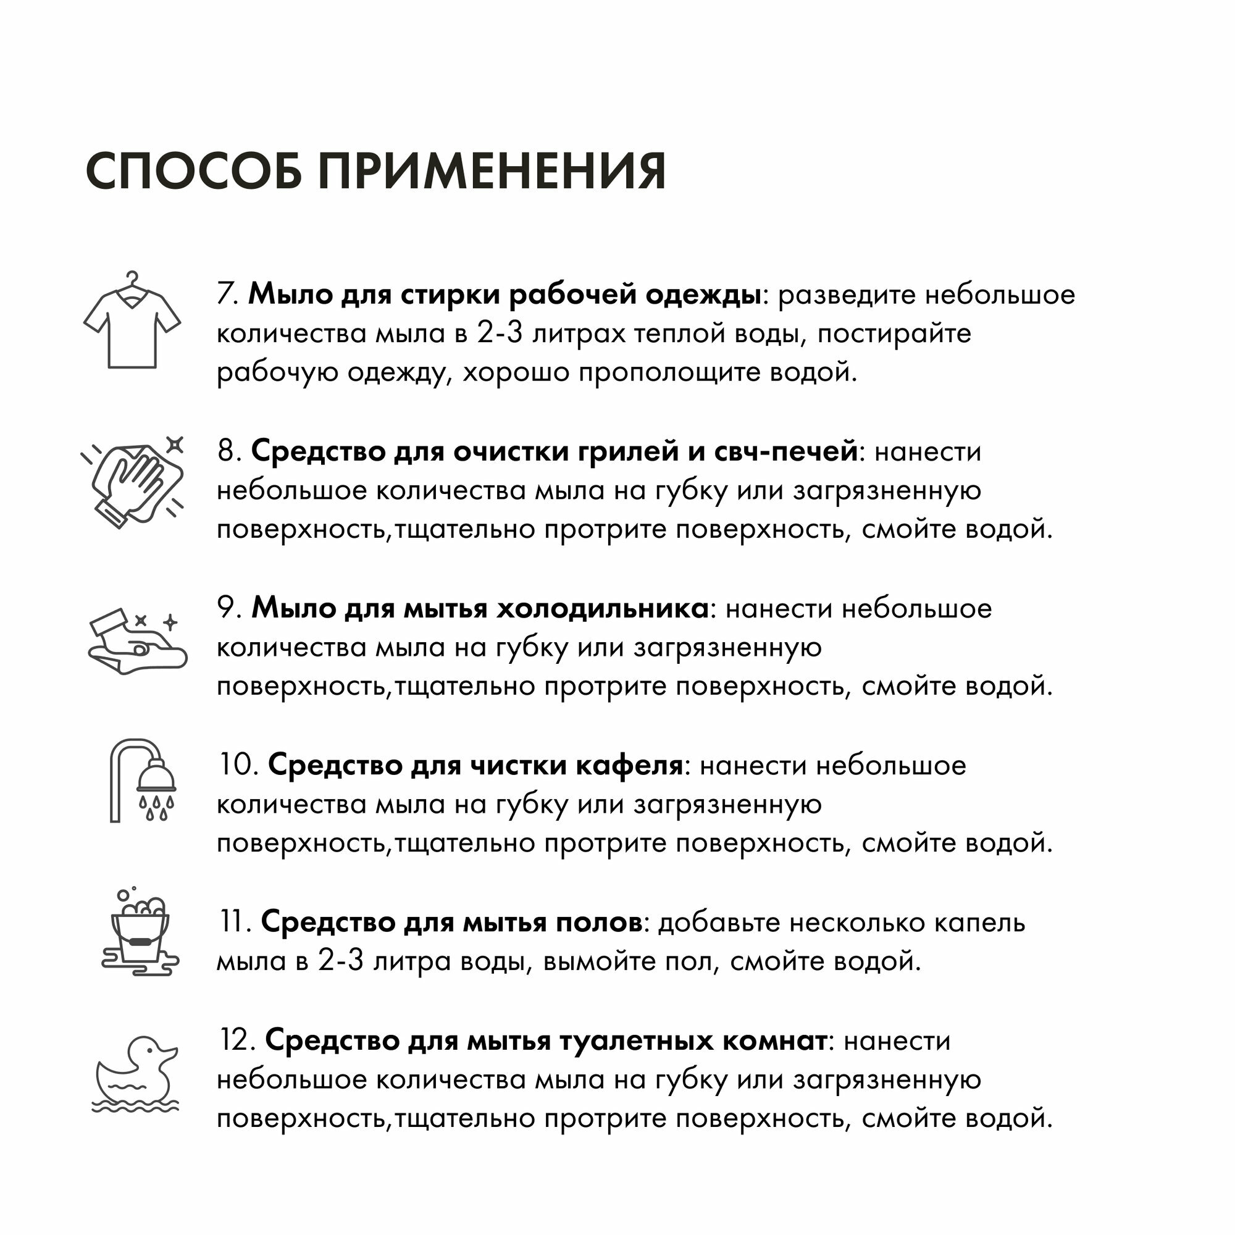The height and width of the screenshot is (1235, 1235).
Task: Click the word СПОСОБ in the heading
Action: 194,171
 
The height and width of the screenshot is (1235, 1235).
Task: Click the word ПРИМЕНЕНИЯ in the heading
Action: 492,171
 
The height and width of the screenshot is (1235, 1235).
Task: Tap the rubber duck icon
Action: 136,1074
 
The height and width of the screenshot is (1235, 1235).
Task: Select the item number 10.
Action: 238,765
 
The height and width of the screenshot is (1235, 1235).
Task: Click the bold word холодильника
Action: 603,609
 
